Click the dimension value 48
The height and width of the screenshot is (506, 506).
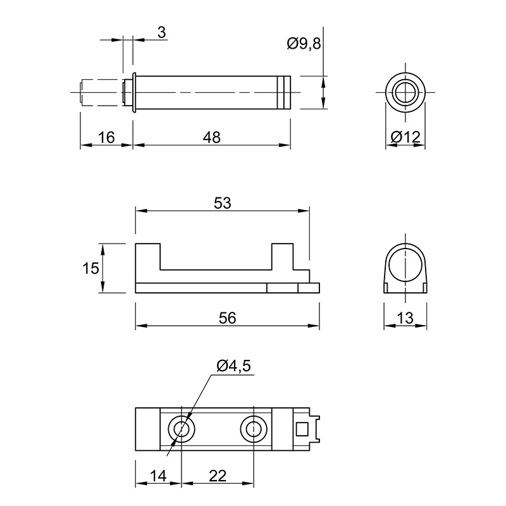click(x=212, y=137)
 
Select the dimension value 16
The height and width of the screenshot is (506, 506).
click(x=106, y=137)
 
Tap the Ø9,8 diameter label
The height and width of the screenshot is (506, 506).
click(x=304, y=44)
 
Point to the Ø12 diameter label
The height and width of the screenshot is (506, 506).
click(x=405, y=137)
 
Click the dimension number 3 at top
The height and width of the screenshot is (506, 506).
click(x=162, y=33)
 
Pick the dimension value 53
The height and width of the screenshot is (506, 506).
click(x=223, y=203)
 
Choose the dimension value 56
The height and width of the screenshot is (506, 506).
click(x=228, y=318)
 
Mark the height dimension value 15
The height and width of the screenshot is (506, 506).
click(x=90, y=268)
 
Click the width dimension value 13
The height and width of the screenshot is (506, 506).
click(x=405, y=318)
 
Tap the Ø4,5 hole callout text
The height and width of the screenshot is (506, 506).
click(x=233, y=366)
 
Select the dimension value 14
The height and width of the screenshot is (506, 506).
click(x=158, y=476)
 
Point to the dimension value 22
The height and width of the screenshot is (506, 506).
click(x=218, y=476)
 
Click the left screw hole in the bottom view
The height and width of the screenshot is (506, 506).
click(x=182, y=429)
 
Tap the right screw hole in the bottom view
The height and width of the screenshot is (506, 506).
click(x=254, y=429)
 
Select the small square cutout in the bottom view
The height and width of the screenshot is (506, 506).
click(x=302, y=429)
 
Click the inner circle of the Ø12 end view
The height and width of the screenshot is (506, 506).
click(x=405, y=92)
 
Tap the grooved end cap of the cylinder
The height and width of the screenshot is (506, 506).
click(x=283, y=92)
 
